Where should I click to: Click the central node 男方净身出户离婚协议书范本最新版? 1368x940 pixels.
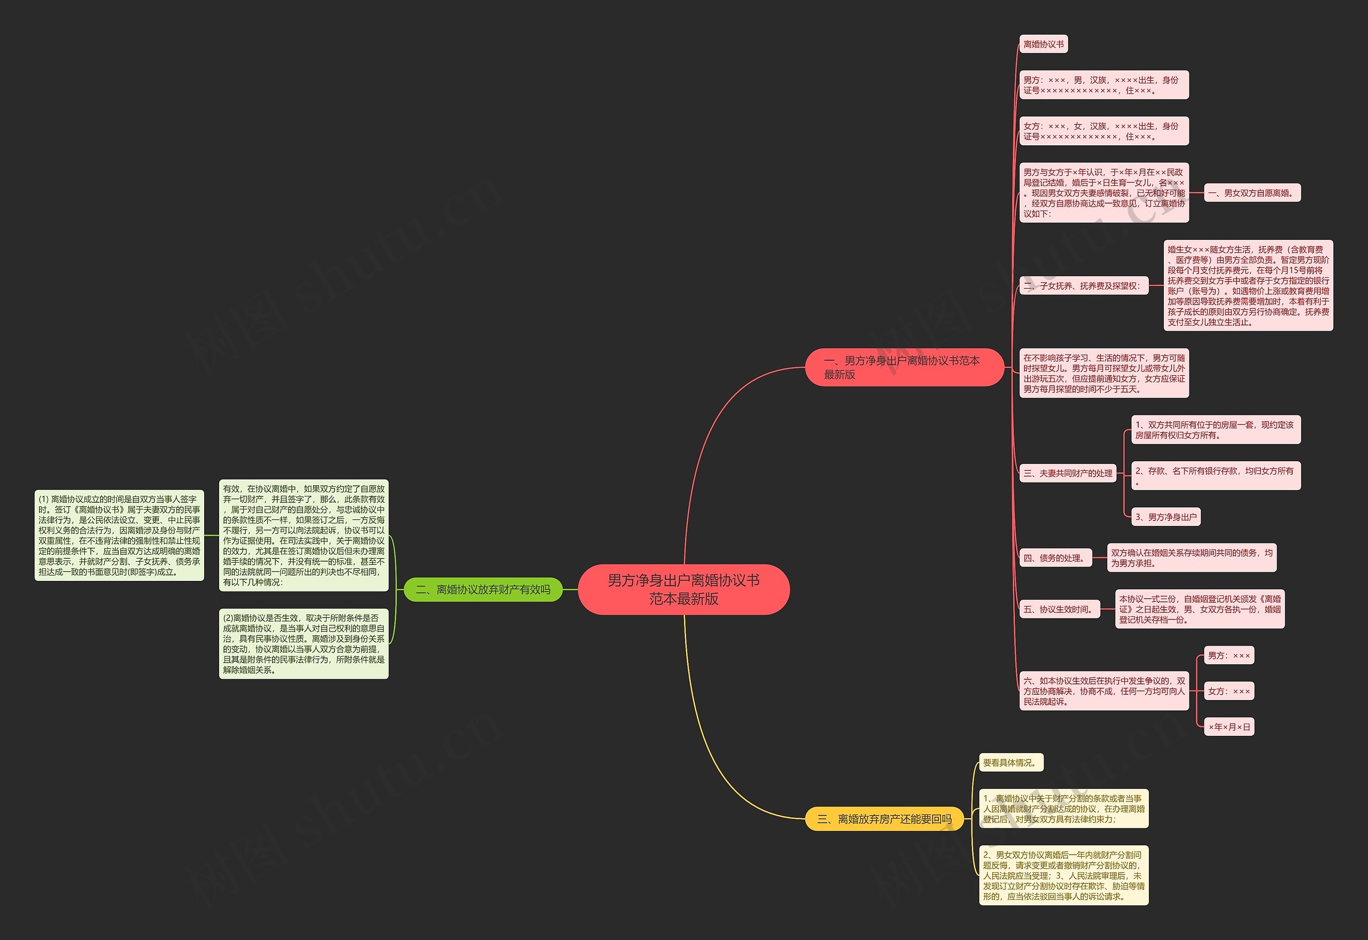[x=683, y=589]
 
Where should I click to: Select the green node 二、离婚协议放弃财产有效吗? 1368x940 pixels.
[x=483, y=589]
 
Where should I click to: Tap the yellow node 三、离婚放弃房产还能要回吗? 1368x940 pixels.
[x=884, y=819]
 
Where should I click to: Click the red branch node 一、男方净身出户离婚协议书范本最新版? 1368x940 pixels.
[x=904, y=368]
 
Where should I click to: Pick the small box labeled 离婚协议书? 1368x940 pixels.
[x=1044, y=44]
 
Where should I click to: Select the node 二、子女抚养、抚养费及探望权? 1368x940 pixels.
[x=1084, y=286]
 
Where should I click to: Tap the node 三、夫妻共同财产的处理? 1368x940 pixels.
[x=1068, y=473]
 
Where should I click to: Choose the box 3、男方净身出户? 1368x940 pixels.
[x=1166, y=517]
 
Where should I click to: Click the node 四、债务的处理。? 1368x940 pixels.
[x=1055, y=558]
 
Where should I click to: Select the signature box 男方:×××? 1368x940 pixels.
[x=1229, y=656]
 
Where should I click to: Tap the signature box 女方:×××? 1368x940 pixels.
[x=1229, y=691]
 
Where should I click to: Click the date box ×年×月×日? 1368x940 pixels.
[x=1229, y=727]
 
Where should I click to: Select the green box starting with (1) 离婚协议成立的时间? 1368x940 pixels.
[x=119, y=535]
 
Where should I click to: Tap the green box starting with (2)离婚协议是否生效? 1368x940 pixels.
[x=304, y=644]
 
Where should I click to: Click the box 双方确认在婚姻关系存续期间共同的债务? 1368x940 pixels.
[x=1191, y=558]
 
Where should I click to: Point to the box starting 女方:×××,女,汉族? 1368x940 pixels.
[x=1103, y=131]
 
